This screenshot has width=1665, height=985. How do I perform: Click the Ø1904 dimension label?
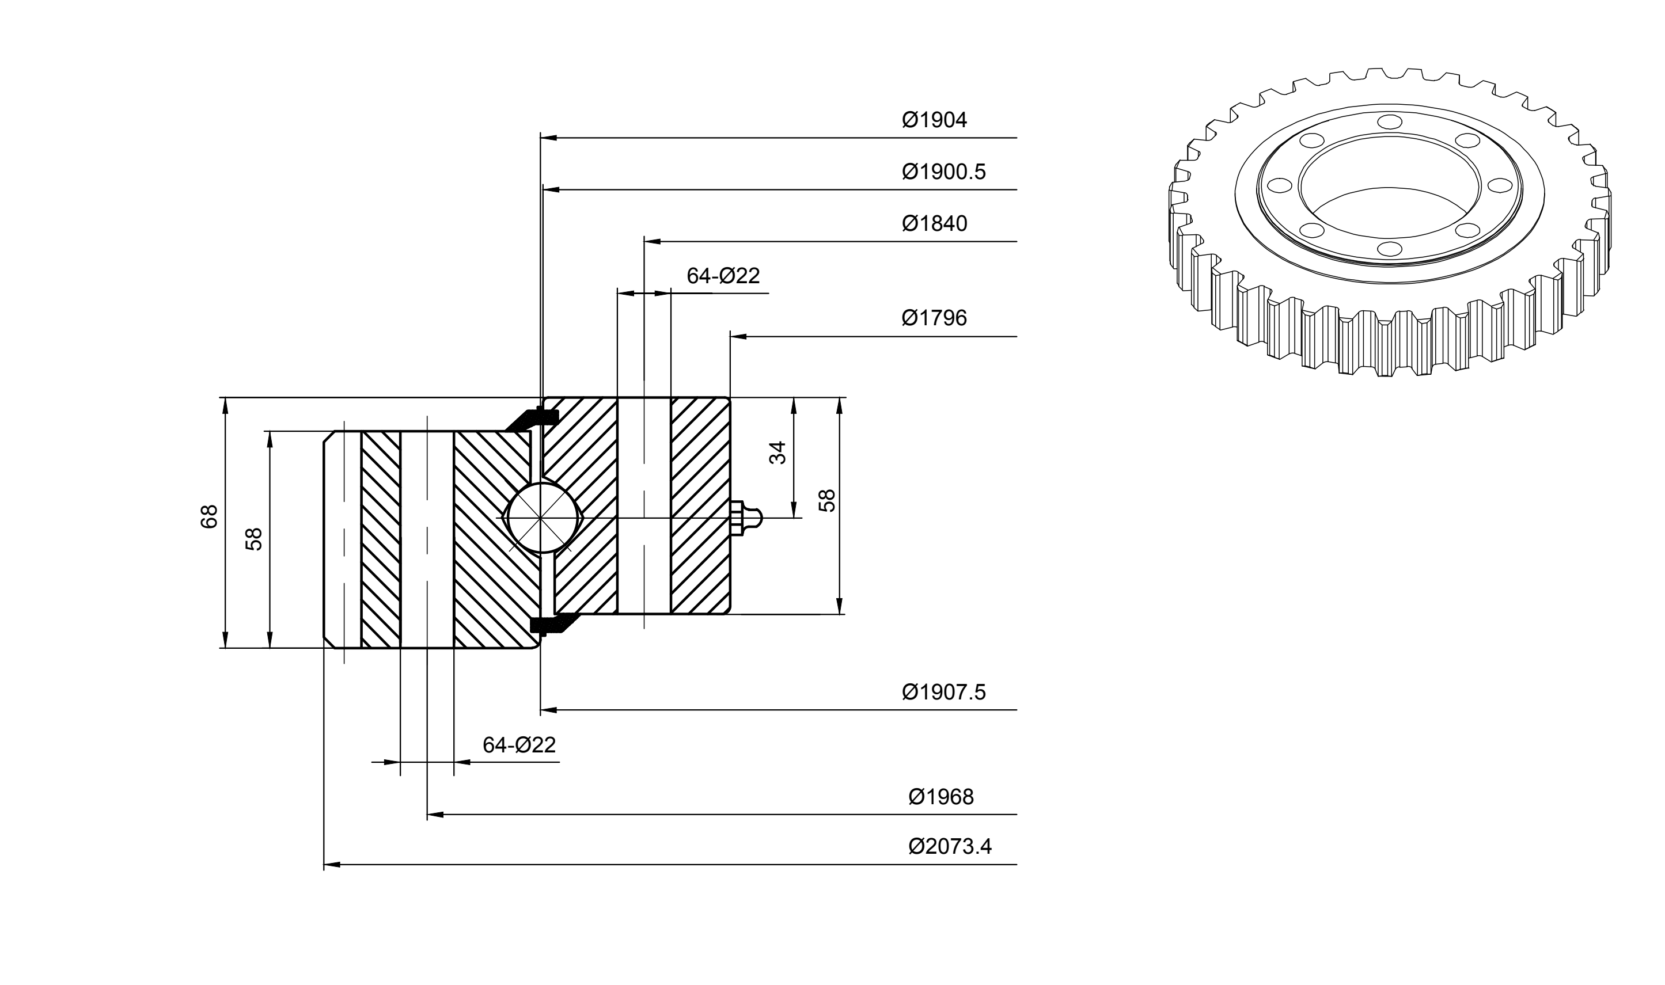934,120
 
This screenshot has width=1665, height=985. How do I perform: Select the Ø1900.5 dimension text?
943,172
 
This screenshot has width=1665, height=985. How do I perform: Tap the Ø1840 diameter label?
934,224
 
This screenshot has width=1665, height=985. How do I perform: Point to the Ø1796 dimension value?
934,318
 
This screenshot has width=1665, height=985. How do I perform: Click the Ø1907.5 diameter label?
943,693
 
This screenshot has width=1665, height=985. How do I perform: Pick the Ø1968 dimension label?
940,797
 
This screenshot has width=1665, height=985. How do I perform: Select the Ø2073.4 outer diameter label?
950,846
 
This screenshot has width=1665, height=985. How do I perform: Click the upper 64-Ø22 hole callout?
723,275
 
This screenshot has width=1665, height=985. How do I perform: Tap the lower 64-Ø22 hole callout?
518,745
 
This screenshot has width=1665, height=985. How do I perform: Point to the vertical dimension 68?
209,516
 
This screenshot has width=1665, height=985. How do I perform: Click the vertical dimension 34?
777,452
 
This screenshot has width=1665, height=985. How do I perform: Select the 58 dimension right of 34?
827,500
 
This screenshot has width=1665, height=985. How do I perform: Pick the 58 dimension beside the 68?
254,538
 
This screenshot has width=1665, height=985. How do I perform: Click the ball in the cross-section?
542,517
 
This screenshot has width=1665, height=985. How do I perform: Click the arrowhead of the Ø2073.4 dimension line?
332,864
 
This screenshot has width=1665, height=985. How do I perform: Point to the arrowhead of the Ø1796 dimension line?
738,337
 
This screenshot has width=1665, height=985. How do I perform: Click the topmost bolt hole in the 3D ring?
1386,121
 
